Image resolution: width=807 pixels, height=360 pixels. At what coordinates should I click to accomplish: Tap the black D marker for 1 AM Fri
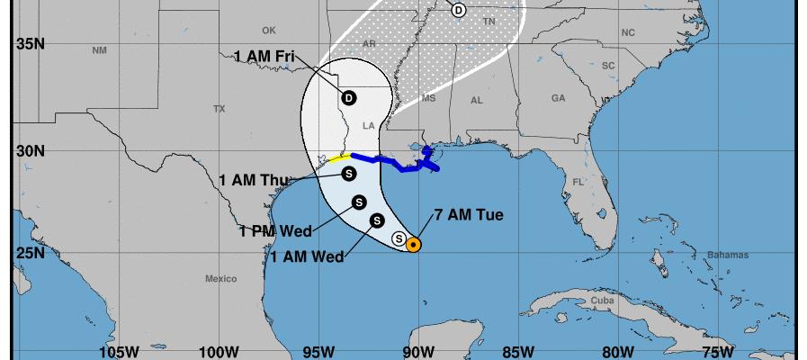point(349,98)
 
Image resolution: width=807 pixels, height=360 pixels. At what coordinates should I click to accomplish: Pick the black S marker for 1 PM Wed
point(358,202)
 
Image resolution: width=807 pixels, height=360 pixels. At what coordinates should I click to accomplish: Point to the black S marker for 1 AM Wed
point(377,220)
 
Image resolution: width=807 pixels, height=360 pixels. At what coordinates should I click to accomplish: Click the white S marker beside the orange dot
point(399,238)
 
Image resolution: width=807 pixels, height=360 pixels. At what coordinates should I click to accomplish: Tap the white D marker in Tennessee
point(459,10)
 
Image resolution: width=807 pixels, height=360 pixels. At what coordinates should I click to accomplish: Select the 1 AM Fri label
point(265,57)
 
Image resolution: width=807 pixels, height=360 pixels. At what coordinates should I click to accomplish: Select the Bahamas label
point(729,256)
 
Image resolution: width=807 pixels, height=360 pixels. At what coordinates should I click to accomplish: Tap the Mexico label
point(220,278)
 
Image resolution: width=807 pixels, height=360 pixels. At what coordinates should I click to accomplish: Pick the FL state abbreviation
point(580,182)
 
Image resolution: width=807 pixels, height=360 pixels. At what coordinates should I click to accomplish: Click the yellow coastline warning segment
point(339,157)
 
